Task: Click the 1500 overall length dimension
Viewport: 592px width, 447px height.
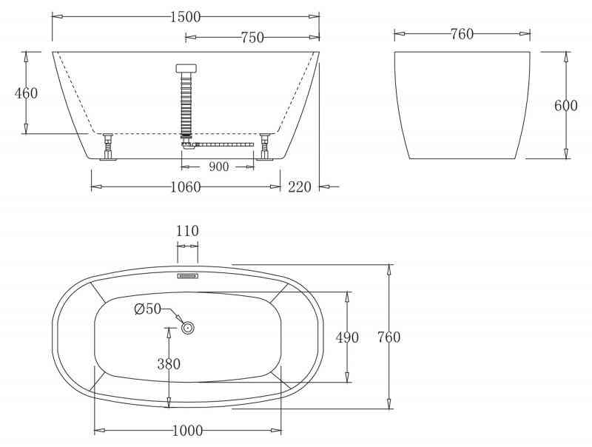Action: point(185,17)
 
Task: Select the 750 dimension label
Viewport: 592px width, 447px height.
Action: point(252,38)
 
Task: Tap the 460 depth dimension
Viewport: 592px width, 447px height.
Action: point(27,93)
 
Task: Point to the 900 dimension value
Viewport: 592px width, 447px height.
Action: point(218,167)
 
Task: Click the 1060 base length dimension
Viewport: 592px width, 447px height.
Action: point(186,187)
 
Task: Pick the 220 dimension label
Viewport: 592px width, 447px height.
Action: point(300,187)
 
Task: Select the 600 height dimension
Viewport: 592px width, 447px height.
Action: point(566,105)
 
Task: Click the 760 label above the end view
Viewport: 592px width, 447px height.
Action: point(462,34)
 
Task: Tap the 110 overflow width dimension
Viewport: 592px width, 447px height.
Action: point(187,231)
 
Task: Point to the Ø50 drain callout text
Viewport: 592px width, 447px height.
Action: point(147,309)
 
